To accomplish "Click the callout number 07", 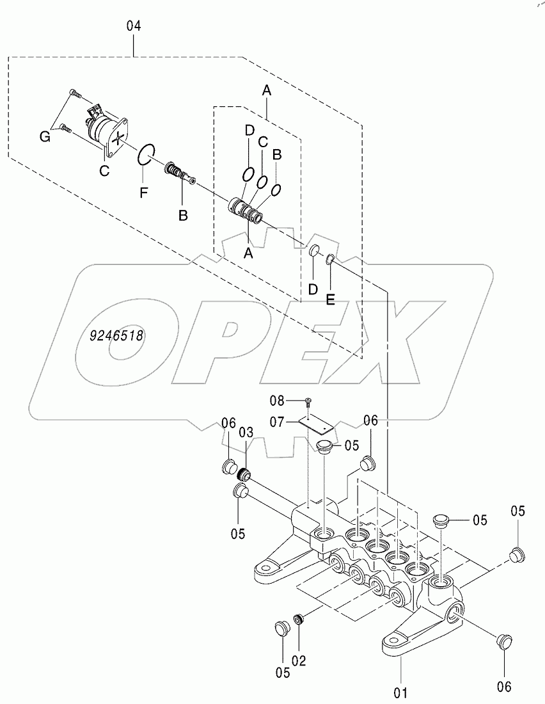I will (x=276, y=422).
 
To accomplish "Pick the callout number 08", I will (x=276, y=401).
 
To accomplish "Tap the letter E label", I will (x=330, y=298).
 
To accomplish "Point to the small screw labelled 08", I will (x=309, y=401).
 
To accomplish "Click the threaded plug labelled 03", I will (x=244, y=476).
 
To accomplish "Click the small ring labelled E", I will (x=330, y=259).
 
